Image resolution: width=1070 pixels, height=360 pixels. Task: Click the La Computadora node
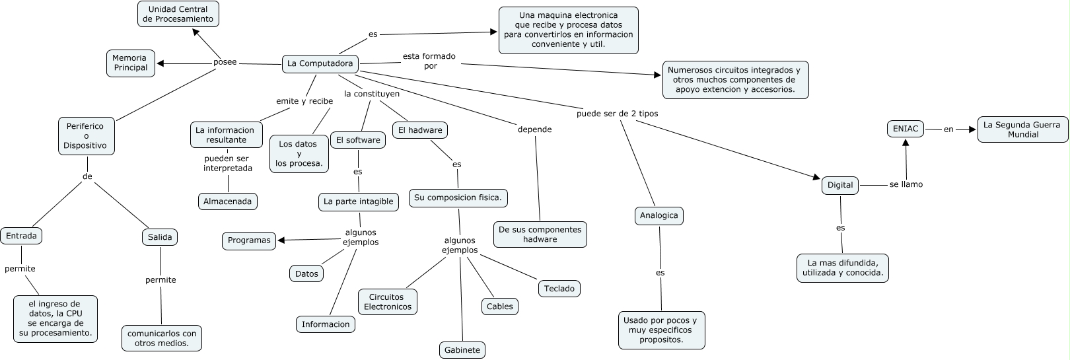tap(320, 64)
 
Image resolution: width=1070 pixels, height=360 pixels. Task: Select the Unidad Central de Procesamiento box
tap(178, 14)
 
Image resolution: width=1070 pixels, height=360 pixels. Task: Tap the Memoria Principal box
tap(130, 63)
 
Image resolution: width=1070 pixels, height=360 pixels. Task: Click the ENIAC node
tap(906, 129)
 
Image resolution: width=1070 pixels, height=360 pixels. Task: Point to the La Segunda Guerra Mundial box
tap(1022, 129)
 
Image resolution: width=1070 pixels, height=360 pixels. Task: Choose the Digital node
tap(840, 185)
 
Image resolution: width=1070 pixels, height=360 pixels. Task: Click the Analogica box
tap(659, 215)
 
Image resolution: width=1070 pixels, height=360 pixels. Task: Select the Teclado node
tap(559, 289)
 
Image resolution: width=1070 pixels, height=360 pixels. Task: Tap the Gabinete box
tap(462, 350)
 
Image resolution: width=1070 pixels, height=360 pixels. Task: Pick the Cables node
tap(499, 306)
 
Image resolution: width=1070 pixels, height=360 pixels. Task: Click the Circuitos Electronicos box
tap(388, 302)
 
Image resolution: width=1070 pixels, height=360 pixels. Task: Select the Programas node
tap(249, 240)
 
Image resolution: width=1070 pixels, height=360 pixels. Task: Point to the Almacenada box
tap(227, 201)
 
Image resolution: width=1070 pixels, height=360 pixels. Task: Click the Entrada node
tap(21, 236)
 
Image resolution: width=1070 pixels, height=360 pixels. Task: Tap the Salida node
tap(160, 237)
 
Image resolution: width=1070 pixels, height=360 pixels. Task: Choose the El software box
tap(358, 140)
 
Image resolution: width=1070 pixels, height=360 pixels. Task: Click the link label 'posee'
tap(225, 62)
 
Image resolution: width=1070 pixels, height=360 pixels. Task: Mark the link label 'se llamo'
tap(906, 184)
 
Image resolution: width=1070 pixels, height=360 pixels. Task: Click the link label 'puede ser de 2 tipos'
tap(617, 114)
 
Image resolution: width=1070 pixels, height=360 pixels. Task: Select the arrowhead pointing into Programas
tap(281, 240)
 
